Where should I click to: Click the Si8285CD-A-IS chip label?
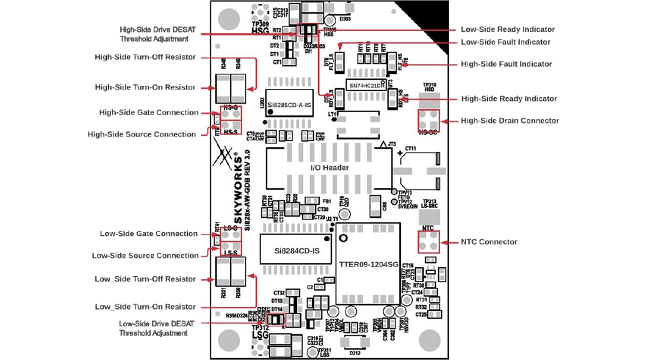click(289, 104)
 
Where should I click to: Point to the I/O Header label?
click(329, 167)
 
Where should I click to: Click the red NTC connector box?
click(429, 242)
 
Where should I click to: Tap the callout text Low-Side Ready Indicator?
click(507, 29)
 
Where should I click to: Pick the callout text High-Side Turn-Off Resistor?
click(145, 57)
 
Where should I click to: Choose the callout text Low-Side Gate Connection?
click(149, 233)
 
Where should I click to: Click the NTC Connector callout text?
click(489, 242)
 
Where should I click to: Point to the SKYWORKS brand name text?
click(236, 192)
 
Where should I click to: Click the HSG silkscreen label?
click(260, 30)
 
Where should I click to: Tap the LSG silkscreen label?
click(260, 336)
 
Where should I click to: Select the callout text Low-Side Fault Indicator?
click(505, 42)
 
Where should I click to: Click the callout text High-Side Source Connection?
click(142, 134)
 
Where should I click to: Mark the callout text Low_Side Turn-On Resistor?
click(145, 307)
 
